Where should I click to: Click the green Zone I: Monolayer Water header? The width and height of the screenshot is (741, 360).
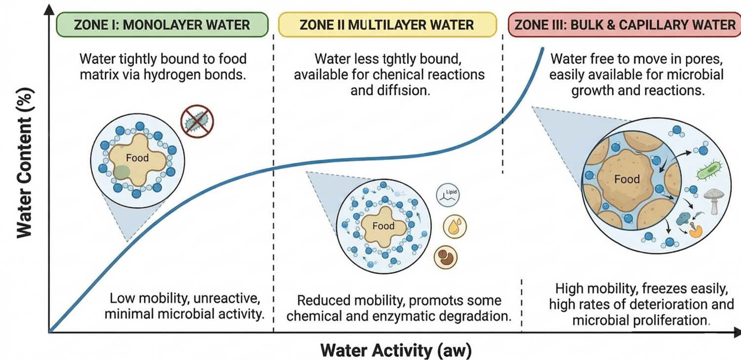[162, 25]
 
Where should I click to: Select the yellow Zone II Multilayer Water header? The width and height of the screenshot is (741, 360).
[387, 25]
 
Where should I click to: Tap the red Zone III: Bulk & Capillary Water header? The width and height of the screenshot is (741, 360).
[625, 25]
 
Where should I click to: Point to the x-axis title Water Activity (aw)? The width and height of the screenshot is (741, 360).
[396, 350]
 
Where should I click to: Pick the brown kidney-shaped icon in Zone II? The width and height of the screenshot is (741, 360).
[446, 257]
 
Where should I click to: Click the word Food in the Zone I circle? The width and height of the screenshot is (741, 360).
[138, 159]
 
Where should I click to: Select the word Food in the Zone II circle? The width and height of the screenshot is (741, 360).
[383, 226]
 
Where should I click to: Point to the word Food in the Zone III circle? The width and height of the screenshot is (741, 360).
[627, 179]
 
